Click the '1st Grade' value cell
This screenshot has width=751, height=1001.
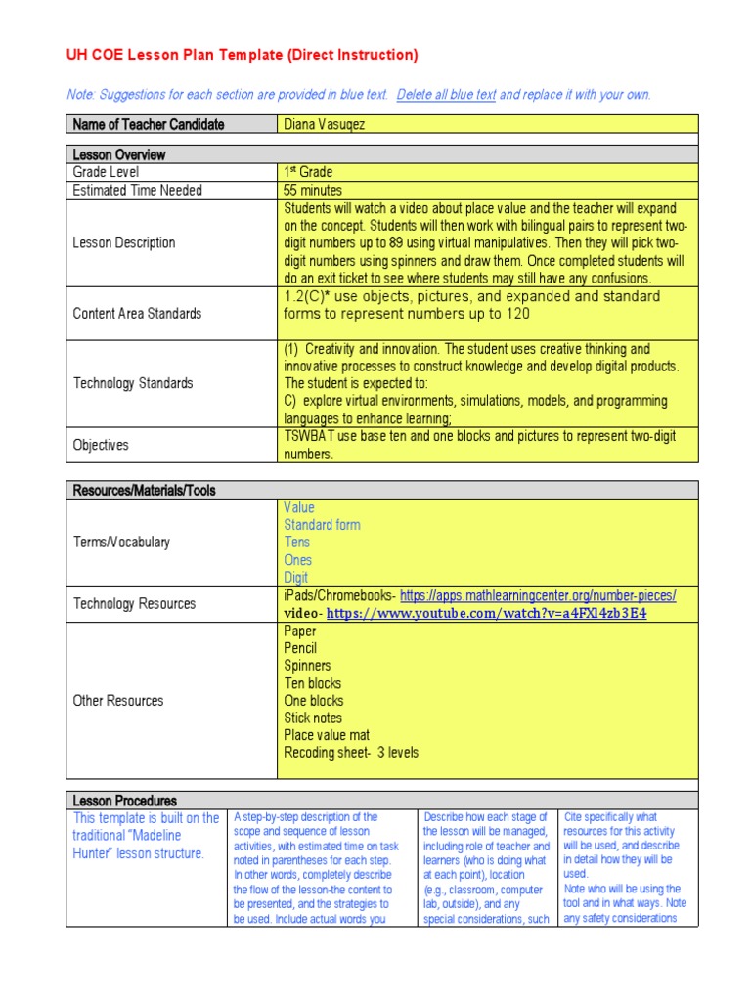[x=309, y=172]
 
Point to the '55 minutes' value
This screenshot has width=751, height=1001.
[x=313, y=190]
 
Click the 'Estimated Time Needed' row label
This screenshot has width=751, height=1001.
[x=137, y=190]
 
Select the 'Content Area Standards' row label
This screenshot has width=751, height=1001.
[x=137, y=313]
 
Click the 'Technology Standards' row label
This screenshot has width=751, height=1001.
[x=133, y=383]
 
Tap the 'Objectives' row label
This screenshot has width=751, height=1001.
[x=101, y=445]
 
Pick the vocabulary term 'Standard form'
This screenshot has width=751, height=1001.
[x=322, y=525]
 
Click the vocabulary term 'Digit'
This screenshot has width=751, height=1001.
[x=295, y=578]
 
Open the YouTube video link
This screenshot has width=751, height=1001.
[x=486, y=614]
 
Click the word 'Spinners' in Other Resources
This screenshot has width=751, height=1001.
[x=307, y=666]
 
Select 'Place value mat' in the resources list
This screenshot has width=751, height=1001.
[x=327, y=735]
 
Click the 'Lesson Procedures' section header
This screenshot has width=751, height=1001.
[x=124, y=801]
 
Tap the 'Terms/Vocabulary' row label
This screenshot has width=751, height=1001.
[x=121, y=542]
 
